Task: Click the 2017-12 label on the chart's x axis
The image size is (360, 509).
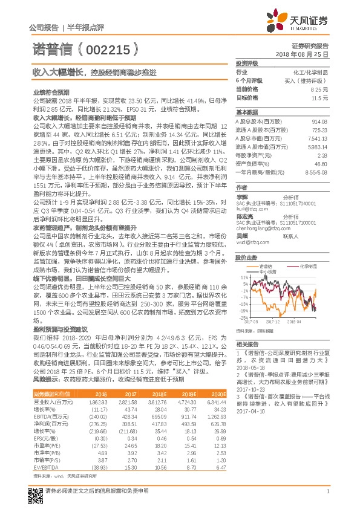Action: (x=276, y=322)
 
